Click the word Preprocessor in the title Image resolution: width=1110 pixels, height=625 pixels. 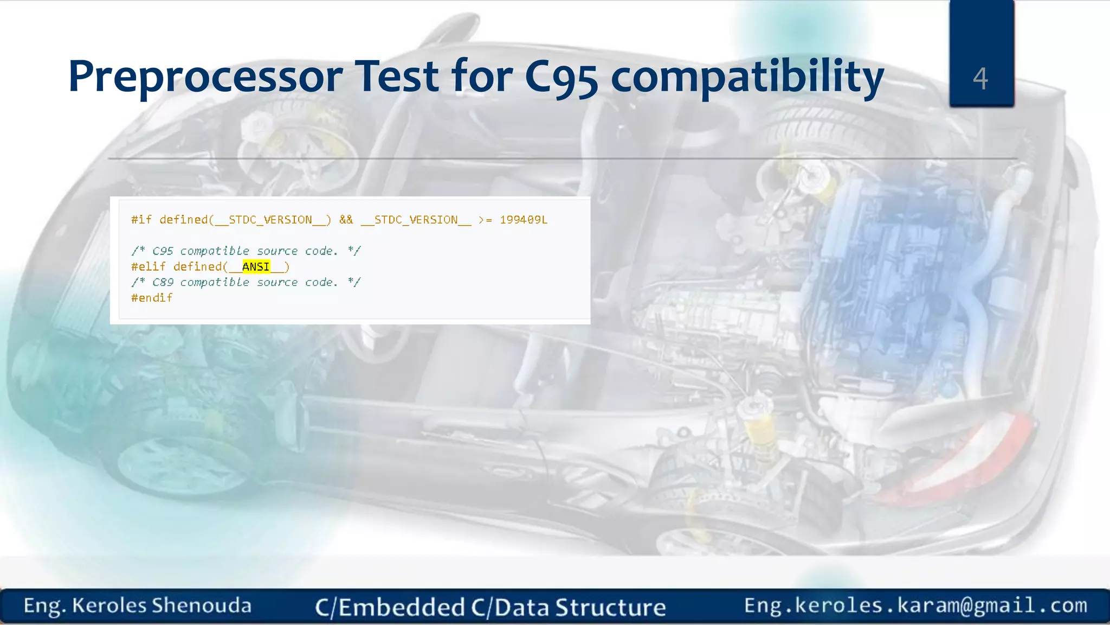tap(205, 77)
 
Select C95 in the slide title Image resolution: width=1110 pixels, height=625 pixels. tap(561, 77)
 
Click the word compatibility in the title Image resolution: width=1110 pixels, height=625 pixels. tap(747, 77)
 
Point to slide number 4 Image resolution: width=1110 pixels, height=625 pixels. tap(980, 79)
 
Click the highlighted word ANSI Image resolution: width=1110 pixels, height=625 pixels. tap(255, 267)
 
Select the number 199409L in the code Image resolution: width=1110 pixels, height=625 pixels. tap(523, 220)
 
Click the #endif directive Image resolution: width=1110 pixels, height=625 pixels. tap(152, 298)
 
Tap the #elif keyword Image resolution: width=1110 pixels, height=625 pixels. tap(148, 267)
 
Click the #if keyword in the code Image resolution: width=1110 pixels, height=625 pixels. tap(141, 220)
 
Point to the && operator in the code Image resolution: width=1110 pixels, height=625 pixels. tap(346, 220)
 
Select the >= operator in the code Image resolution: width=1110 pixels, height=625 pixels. tap(485, 220)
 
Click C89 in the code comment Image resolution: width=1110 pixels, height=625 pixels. tap(163, 283)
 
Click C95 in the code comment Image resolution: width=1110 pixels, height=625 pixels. tap(163, 251)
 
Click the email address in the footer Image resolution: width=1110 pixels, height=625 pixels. tap(915, 605)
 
